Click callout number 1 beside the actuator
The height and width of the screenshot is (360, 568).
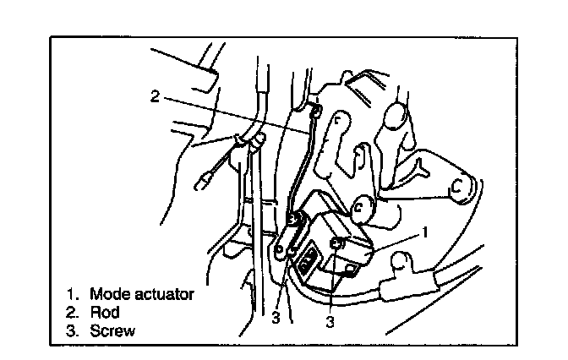[x=427, y=230]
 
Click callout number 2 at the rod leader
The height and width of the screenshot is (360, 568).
[x=154, y=95]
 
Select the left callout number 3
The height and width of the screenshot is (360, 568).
[x=276, y=319]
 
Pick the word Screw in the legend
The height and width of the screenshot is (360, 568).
[x=112, y=330]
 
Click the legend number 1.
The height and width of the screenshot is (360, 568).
[x=72, y=295]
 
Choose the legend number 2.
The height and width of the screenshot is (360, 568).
[x=72, y=313]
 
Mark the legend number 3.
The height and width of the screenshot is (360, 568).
[x=72, y=330]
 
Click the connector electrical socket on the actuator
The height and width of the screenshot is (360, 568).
[x=309, y=258]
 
